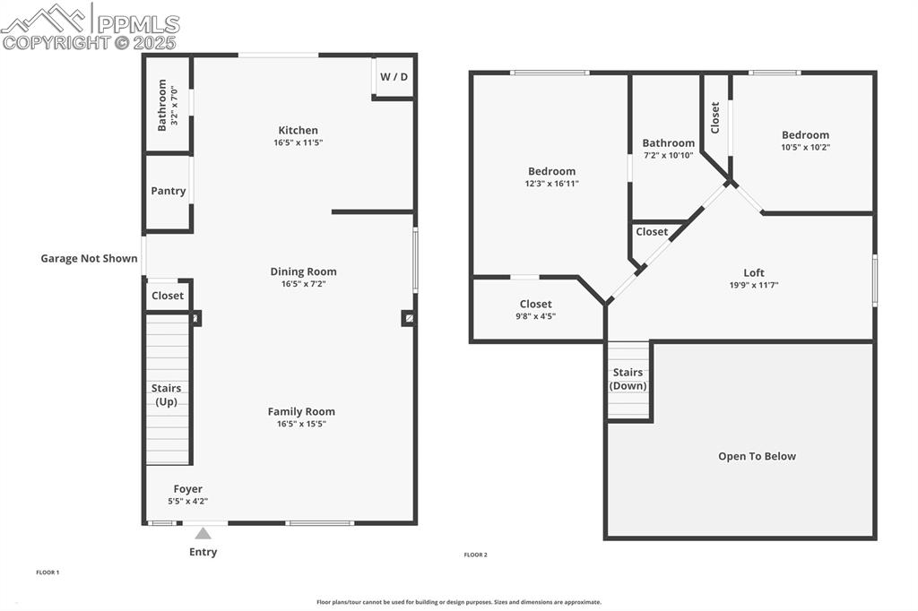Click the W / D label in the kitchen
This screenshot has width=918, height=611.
[x=394, y=77]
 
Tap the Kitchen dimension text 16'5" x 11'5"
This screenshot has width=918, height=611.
[x=298, y=142]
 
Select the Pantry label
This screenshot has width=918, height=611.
[x=169, y=191]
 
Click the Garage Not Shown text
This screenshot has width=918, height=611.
[x=89, y=259]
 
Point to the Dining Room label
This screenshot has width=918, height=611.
[x=303, y=271]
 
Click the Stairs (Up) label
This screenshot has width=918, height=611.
[x=167, y=395]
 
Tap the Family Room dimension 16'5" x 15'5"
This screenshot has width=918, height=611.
[x=301, y=424]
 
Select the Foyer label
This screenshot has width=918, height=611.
[x=187, y=489]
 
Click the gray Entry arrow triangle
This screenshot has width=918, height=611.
[x=204, y=533]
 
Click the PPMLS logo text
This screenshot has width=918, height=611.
[x=137, y=24]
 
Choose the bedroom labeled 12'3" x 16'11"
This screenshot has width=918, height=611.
[x=551, y=177]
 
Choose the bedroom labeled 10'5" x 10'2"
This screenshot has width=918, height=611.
[x=805, y=142]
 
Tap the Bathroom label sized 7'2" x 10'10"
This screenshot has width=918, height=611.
[x=668, y=149]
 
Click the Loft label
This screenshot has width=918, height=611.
[x=754, y=273]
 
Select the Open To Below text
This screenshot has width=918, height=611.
[x=757, y=456]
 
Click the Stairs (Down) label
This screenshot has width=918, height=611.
[x=628, y=379]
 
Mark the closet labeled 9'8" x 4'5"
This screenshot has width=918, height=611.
[x=535, y=310]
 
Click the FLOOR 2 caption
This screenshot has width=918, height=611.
[x=475, y=555]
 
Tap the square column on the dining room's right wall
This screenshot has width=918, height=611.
[x=408, y=317]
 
